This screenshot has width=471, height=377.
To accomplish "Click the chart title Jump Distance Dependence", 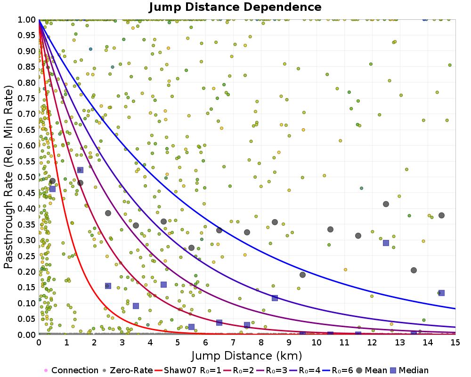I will click(235, 8).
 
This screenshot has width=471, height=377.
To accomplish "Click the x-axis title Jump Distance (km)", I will click(247, 355).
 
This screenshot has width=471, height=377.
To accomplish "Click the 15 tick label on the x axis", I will click(455, 342).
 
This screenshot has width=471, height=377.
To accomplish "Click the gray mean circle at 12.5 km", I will click(386, 204).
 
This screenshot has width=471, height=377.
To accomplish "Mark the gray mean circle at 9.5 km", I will click(302, 275).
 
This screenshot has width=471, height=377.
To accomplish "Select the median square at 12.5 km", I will click(386, 243).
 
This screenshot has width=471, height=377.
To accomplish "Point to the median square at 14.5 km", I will click(441, 293).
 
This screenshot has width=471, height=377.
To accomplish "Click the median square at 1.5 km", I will click(80, 170).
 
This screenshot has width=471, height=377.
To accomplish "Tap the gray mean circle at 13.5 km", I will click(414, 270).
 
